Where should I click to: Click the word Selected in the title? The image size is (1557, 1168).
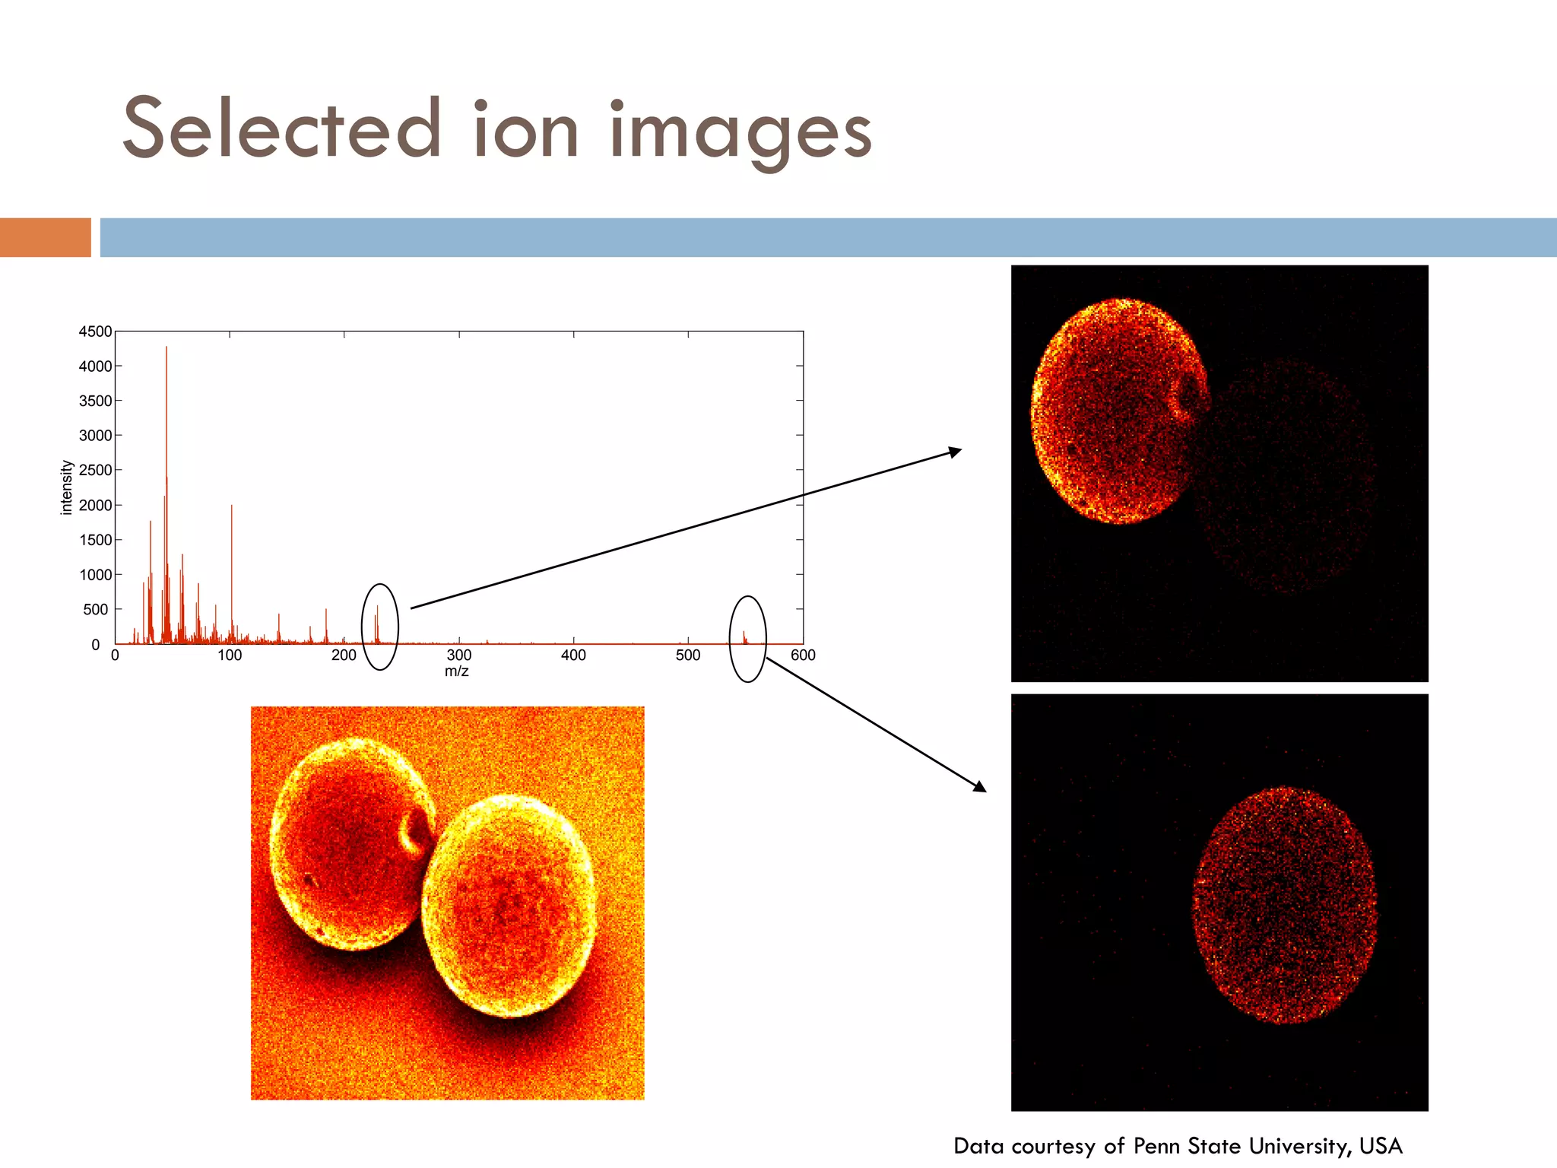pos(282,129)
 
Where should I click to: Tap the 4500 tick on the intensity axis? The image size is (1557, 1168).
pos(95,332)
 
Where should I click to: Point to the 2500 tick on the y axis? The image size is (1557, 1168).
pos(95,470)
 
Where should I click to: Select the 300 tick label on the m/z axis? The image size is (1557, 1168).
pos(458,655)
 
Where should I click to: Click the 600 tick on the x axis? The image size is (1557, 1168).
pos(803,655)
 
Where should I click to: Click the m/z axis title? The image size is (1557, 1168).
pos(457,671)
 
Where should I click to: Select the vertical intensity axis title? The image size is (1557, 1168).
pos(66,487)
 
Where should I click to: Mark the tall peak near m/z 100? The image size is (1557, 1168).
pos(232,509)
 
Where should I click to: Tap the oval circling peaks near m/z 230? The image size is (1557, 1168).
pos(380,627)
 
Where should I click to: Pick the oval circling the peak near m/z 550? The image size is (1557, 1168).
pos(748,639)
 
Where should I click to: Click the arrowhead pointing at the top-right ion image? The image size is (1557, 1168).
pos(956,452)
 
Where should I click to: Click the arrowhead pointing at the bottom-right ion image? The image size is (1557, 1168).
pos(980,787)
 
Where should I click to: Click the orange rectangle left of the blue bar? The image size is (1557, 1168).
pos(45,237)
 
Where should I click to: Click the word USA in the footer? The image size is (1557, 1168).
pos(1381,1146)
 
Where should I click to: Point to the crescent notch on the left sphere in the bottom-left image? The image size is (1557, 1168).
pos(415,831)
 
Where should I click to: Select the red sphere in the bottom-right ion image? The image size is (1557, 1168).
pos(1285,905)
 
